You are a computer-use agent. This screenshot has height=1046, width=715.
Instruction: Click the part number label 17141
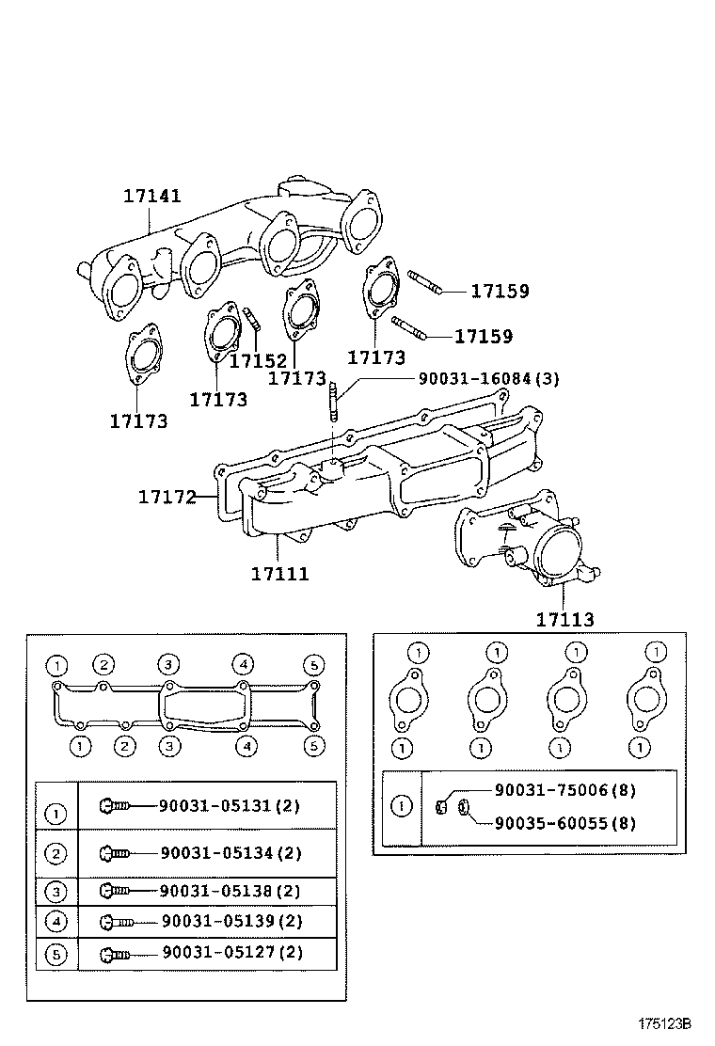(151, 197)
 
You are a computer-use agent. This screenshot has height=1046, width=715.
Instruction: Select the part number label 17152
(259, 360)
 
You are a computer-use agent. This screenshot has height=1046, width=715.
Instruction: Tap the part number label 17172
(167, 496)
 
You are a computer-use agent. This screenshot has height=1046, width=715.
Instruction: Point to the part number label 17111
(279, 573)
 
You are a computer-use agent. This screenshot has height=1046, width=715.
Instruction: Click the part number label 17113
(564, 619)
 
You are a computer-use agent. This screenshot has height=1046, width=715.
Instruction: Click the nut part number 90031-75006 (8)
(564, 791)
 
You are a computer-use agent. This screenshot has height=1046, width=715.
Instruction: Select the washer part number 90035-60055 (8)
(564, 823)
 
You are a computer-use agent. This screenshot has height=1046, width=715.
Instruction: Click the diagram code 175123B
(664, 1023)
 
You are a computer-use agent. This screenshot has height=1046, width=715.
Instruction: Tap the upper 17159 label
(499, 292)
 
